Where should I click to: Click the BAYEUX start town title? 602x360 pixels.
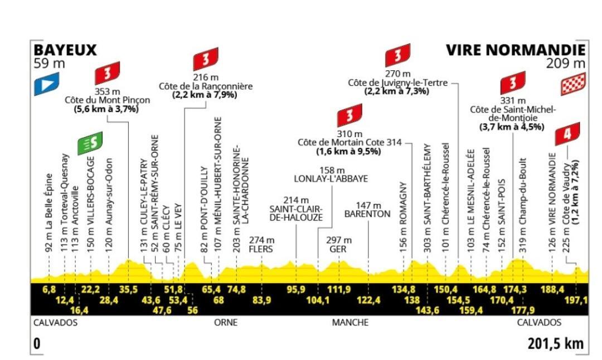[65, 50]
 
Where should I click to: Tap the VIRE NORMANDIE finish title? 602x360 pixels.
[516, 50]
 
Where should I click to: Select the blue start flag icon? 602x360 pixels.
[46, 85]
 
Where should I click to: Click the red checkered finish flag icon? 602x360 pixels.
[574, 85]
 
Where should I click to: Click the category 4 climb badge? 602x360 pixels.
[567, 134]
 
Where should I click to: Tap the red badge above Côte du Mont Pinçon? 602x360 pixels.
[108, 72]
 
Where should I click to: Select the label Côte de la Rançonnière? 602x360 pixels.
[206, 86]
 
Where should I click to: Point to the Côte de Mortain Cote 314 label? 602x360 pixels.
[349, 143]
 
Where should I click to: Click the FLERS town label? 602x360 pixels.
[261, 249]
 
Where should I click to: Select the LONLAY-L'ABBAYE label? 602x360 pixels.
[331, 179]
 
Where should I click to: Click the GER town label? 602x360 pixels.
[338, 249]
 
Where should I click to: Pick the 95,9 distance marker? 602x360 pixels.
[296, 289]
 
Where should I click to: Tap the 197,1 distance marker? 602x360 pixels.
[577, 301]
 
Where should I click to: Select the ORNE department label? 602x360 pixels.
[226, 323]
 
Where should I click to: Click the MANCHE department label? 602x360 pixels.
[349, 323]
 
